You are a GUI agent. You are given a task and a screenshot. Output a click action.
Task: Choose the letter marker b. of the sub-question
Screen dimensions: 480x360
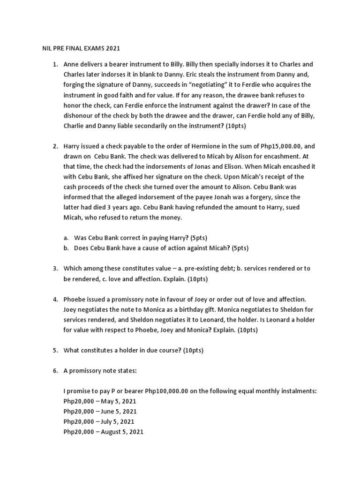click(67, 248)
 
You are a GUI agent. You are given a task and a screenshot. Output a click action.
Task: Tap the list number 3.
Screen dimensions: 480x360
click(54, 268)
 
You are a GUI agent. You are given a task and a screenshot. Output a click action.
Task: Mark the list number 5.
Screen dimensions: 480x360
click(54, 350)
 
